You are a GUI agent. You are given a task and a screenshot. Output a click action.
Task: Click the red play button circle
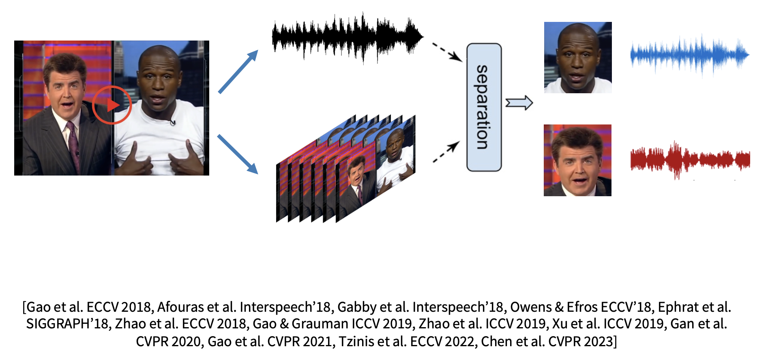[112, 105]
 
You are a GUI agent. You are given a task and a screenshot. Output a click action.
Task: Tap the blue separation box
[484, 107]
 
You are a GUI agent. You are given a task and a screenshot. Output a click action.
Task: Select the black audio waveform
[347, 37]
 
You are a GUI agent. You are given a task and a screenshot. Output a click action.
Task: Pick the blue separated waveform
[689, 55]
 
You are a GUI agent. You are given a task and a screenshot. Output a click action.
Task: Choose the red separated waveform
[690, 159]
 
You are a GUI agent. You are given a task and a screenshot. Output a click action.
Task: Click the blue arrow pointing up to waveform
[238, 72]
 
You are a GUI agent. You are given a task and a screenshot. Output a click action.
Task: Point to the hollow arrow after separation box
[519, 103]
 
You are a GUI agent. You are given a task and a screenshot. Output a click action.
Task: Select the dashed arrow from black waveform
[447, 52]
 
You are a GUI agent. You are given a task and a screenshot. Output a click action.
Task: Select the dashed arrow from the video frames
[446, 152]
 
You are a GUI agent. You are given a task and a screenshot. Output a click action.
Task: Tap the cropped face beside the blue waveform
[578, 58]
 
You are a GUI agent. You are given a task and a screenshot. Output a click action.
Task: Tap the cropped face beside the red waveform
[577, 160]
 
